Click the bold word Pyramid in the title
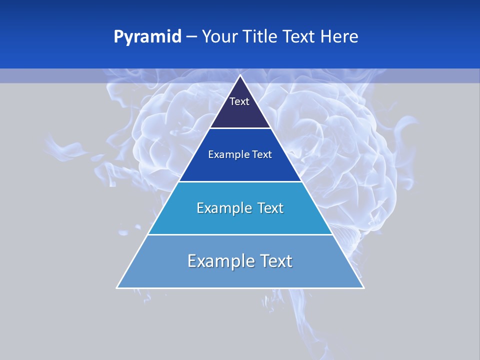(x=147, y=37)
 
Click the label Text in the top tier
(x=239, y=101)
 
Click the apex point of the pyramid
(x=240, y=76)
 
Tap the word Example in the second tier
(x=224, y=154)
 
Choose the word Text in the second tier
(x=262, y=154)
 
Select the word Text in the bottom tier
(x=276, y=261)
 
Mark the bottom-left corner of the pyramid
(x=117, y=287)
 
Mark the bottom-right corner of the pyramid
(x=363, y=287)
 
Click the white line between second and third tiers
(x=240, y=181)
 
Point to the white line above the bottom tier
(x=240, y=234)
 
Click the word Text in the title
(x=299, y=37)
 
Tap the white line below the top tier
(x=240, y=128)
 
